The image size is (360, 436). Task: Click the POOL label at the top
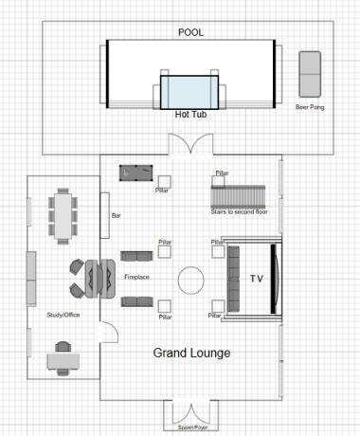[x=190, y=32]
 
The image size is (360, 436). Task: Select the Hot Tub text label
[x=189, y=115]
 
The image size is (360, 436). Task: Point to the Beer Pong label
[x=310, y=107]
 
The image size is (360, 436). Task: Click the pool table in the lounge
[x=134, y=173]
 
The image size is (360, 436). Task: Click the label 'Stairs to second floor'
[x=239, y=211]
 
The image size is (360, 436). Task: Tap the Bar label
[x=117, y=216]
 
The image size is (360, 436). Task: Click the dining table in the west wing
[x=64, y=214]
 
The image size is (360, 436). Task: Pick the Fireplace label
[x=138, y=278]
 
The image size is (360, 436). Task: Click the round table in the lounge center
[x=190, y=279]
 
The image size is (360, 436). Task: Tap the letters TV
[x=255, y=279]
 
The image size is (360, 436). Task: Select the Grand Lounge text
[x=191, y=353]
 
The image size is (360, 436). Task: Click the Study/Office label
[x=63, y=316]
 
